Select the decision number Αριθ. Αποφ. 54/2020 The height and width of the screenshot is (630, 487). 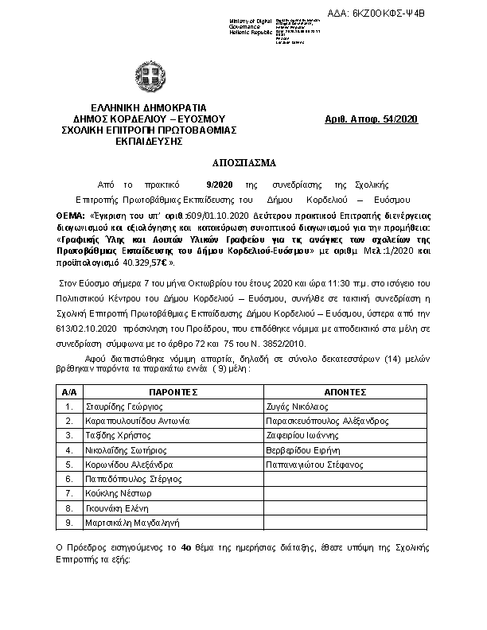(x=372, y=119)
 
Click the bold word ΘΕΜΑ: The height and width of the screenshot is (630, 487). (x=71, y=216)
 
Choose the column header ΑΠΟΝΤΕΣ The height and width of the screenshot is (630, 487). (x=345, y=392)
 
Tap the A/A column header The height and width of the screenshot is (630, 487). (x=68, y=392)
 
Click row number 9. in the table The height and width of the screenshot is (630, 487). (x=69, y=523)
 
